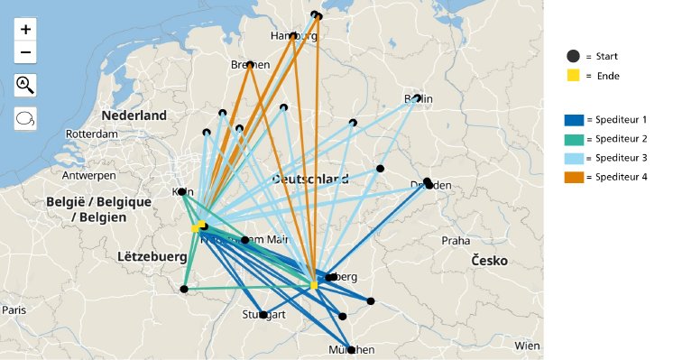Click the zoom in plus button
coord(25,30)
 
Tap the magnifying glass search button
coord(25,86)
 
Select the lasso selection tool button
coord(25,118)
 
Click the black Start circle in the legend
coord(573,56)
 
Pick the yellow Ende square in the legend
coord(573,76)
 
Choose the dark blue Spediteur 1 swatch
coord(574,120)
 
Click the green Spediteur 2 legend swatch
coord(574,139)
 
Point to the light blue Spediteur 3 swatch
coord(574,158)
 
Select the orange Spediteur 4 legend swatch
coord(574,177)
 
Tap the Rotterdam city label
coord(92,134)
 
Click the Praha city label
coord(456,241)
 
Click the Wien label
coord(527,346)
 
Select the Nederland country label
coord(134,115)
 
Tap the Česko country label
coord(487,261)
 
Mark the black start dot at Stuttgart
coord(263,315)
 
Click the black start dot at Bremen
coord(250,65)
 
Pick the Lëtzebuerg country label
coord(152,257)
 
